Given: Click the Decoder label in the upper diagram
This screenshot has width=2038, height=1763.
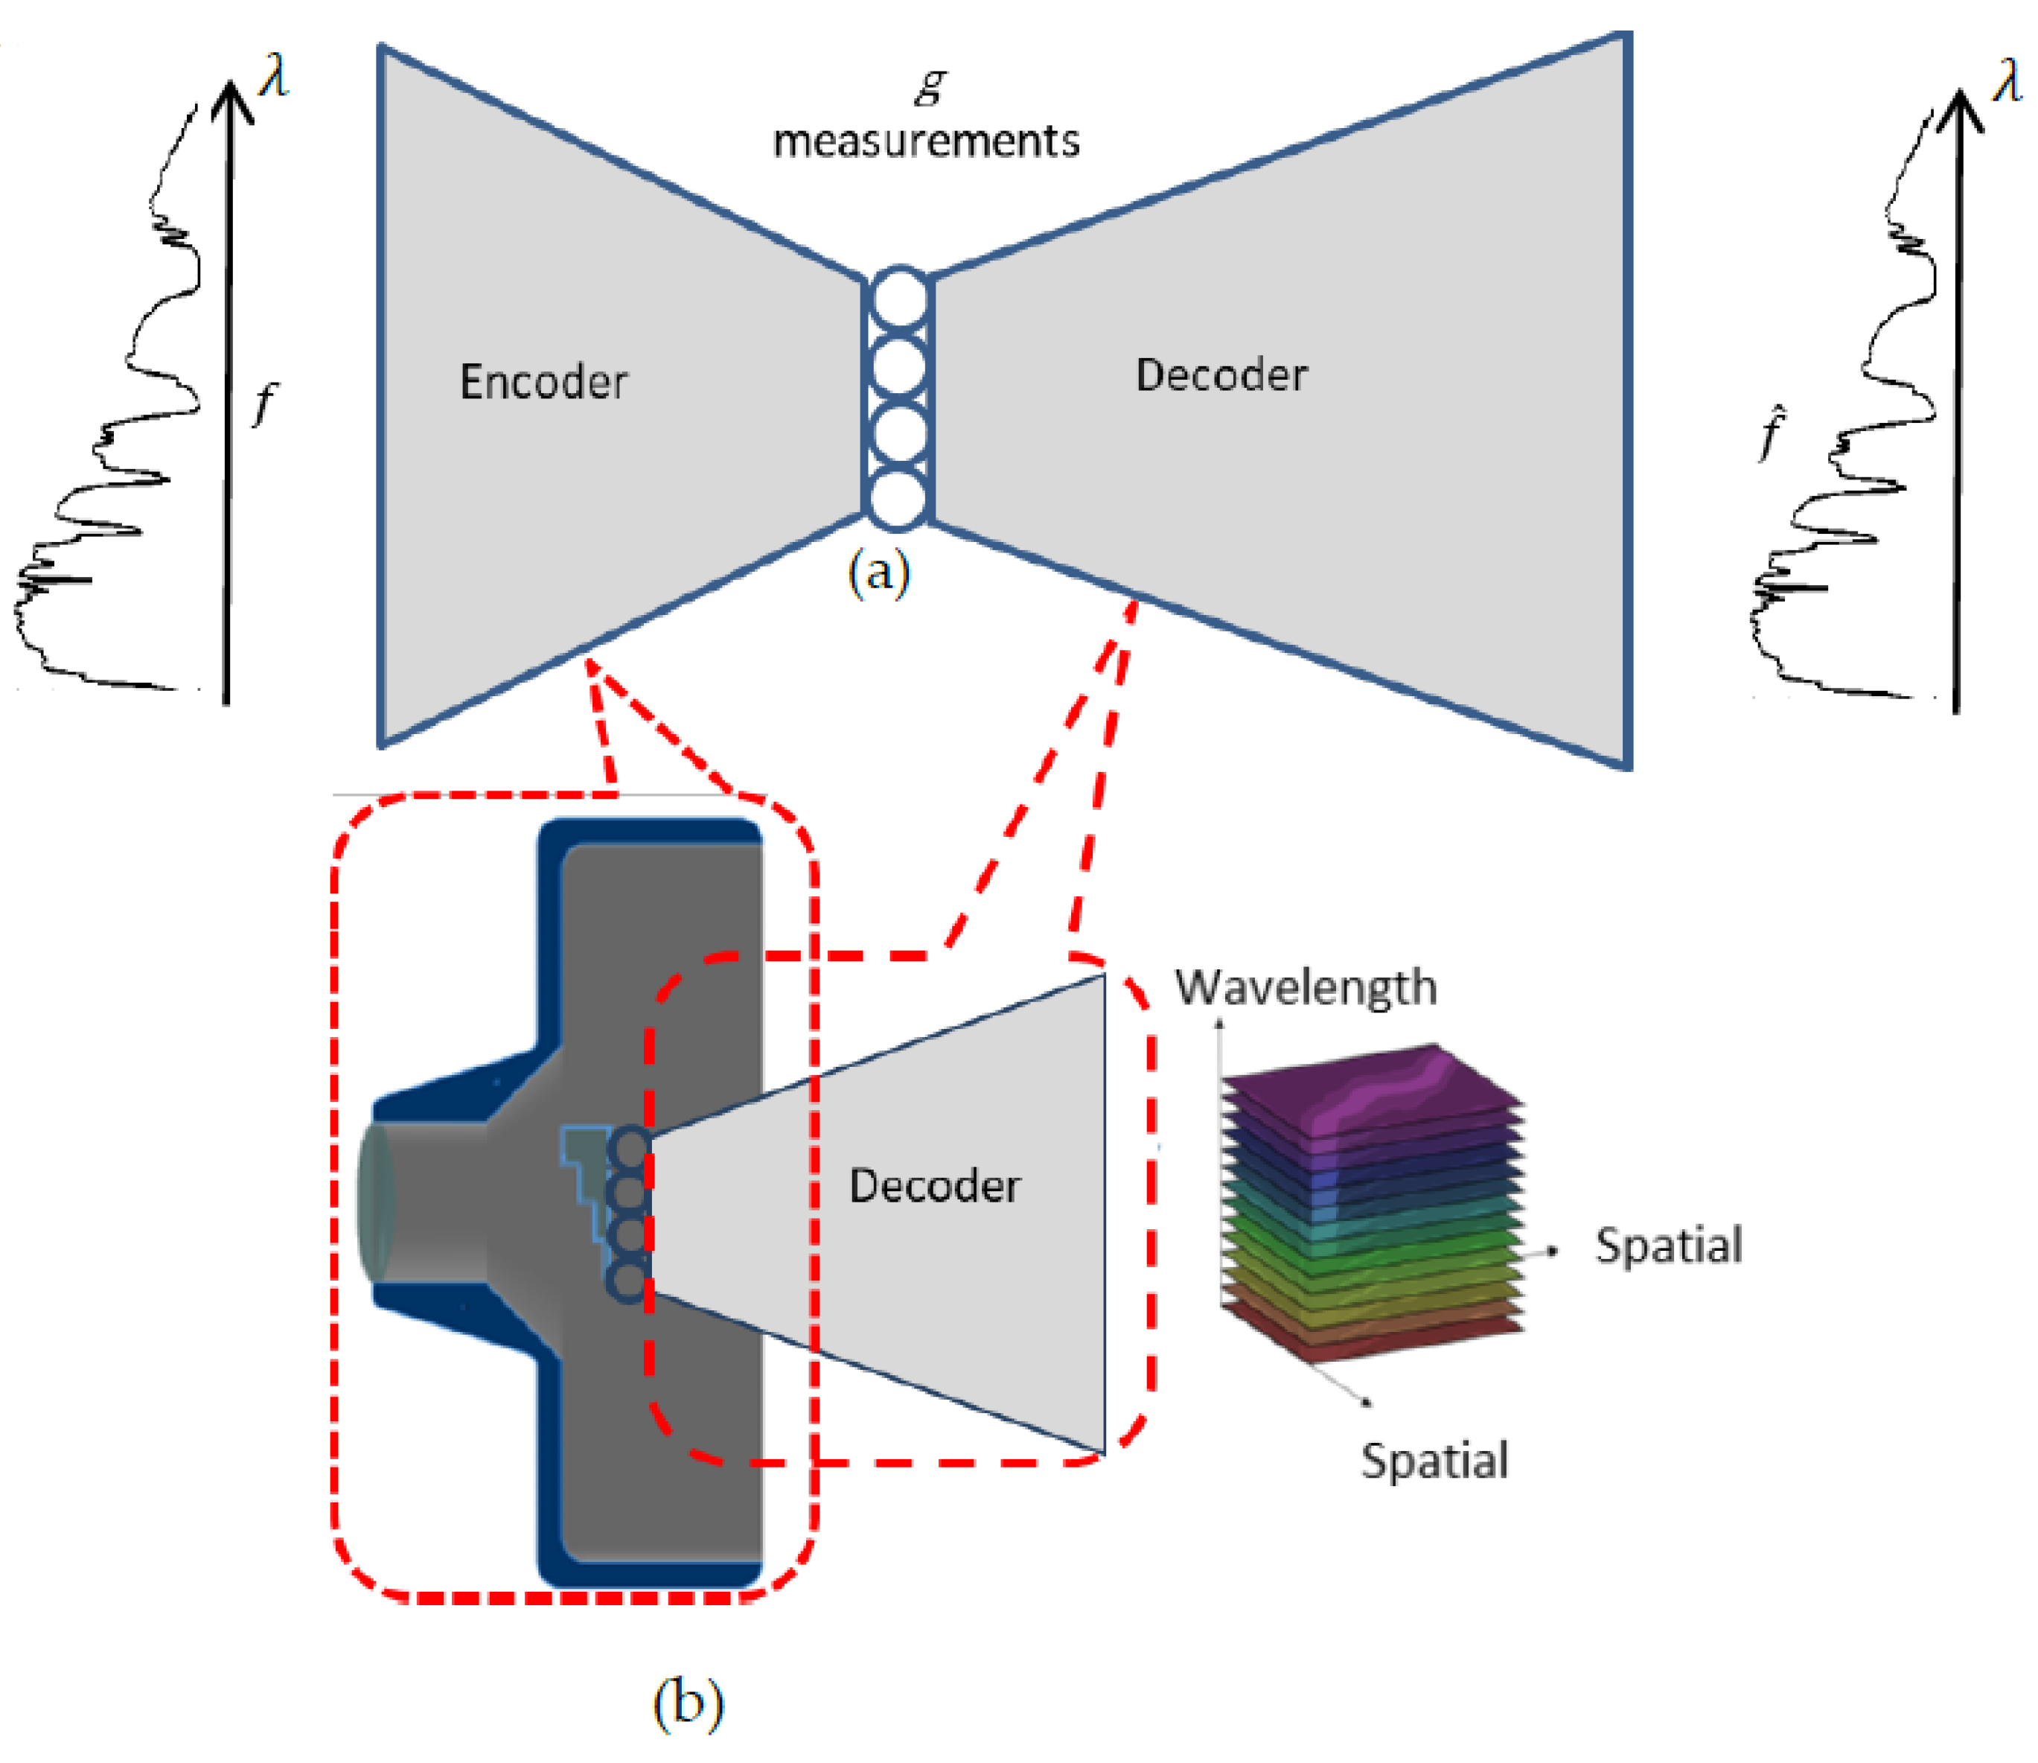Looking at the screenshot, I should click(x=1221, y=374).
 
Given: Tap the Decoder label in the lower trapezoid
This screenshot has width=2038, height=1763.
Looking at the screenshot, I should click(x=933, y=1185).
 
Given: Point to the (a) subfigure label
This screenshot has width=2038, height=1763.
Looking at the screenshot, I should click(x=878, y=572).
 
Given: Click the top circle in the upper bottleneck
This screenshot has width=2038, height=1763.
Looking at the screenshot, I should click(x=898, y=299).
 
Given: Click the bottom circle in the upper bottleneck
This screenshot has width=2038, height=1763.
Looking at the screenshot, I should click(x=898, y=499).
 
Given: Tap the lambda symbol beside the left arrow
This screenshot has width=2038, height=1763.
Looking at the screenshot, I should click(x=273, y=77).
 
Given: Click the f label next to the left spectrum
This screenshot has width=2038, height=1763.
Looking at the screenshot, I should click(x=263, y=404).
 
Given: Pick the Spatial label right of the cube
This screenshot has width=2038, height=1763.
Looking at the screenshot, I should click(x=1668, y=1246).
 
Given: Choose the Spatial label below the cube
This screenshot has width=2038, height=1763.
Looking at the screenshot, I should click(x=1434, y=1460).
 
